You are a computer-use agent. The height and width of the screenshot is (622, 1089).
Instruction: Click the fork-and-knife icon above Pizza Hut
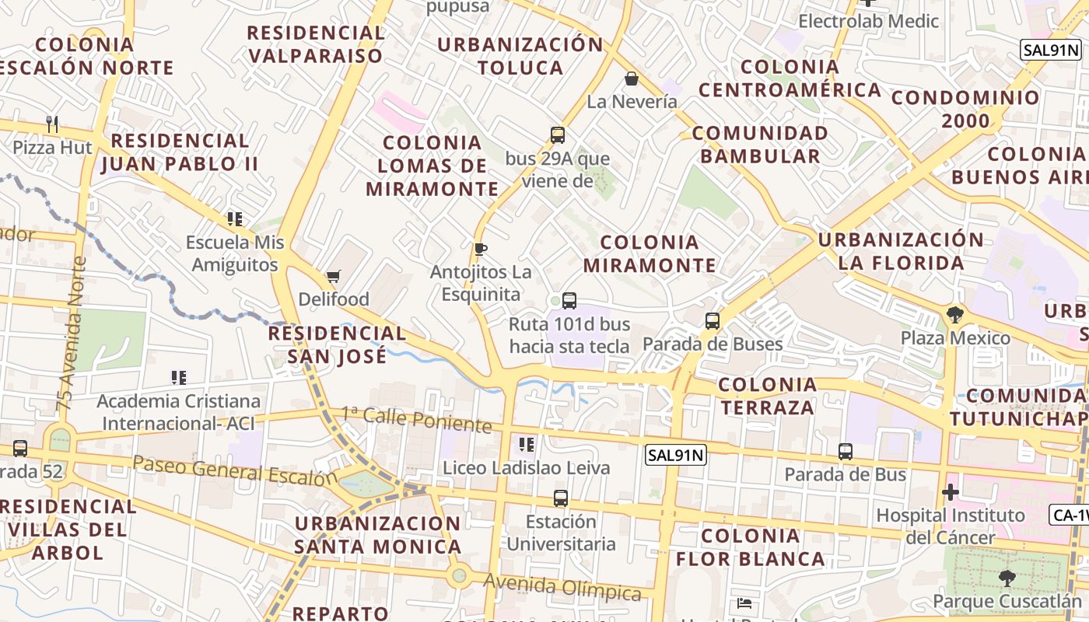pyautogui.click(x=52, y=124)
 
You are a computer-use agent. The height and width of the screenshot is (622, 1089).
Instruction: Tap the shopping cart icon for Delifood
pyautogui.click(x=334, y=276)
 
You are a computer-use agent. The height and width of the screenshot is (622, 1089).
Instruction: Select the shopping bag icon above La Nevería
pyautogui.click(x=632, y=79)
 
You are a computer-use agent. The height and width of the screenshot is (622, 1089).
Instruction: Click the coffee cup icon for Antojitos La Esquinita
pyautogui.click(x=481, y=250)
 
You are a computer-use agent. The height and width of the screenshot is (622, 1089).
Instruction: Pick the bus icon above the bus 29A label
pyautogui.click(x=558, y=135)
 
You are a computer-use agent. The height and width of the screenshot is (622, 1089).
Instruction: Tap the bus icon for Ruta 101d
pyautogui.click(x=569, y=301)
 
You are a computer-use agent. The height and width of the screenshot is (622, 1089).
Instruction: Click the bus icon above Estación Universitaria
pyautogui.click(x=560, y=498)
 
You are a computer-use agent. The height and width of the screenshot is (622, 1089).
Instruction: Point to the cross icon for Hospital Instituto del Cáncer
pyautogui.click(x=950, y=492)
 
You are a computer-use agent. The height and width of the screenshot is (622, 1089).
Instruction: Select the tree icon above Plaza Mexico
pyautogui.click(x=955, y=315)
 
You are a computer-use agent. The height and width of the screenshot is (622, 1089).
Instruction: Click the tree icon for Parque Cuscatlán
pyautogui.click(x=1007, y=578)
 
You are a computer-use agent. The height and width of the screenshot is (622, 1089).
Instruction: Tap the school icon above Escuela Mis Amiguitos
pyautogui.click(x=235, y=219)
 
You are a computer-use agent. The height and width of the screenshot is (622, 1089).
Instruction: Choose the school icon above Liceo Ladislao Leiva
pyautogui.click(x=527, y=445)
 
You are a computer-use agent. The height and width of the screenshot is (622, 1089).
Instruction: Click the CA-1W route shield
pyautogui.click(x=1070, y=515)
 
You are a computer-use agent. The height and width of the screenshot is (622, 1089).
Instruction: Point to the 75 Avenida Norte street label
pyautogui.click(x=70, y=334)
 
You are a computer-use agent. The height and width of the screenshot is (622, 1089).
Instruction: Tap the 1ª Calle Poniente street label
pyautogui.click(x=417, y=419)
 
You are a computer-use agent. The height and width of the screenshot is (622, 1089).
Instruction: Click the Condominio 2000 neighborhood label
pyautogui.click(x=965, y=109)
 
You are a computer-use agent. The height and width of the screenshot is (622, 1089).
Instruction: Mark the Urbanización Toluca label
pyautogui.click(x=520, y=56)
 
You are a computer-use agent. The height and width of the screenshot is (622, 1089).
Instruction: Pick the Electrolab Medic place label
pyautogui.click(x=869, y=21)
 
